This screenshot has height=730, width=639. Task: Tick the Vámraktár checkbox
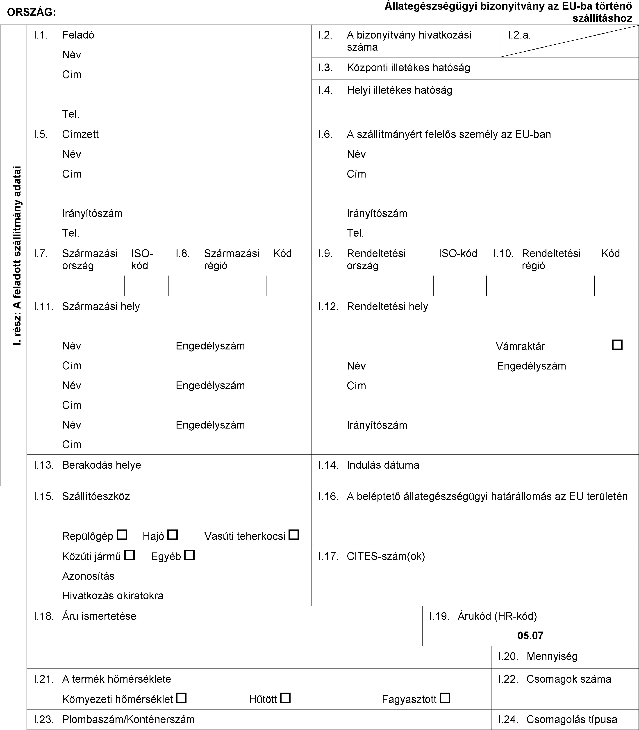tap(617, 345)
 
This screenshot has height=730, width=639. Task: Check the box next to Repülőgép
tap(122, 535)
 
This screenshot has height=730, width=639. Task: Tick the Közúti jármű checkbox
tap(130, 555)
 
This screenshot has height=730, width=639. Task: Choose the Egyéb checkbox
tap(190, 555)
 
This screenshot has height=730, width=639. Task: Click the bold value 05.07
tap(530, 636)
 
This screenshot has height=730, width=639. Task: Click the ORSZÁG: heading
tap(31, 12)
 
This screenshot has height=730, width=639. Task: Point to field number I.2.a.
tap(519, 35)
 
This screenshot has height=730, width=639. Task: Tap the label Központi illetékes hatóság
tap(408, 68)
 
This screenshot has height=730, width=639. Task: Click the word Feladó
tap(78, 35)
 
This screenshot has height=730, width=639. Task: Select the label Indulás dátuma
tap(383, 465)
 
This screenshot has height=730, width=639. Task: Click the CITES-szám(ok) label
tap(386, 556)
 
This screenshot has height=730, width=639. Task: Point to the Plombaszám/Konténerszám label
tap(128, 719)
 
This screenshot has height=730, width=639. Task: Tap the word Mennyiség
tap(552, 656)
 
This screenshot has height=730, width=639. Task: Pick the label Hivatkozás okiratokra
tap(113, 595)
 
